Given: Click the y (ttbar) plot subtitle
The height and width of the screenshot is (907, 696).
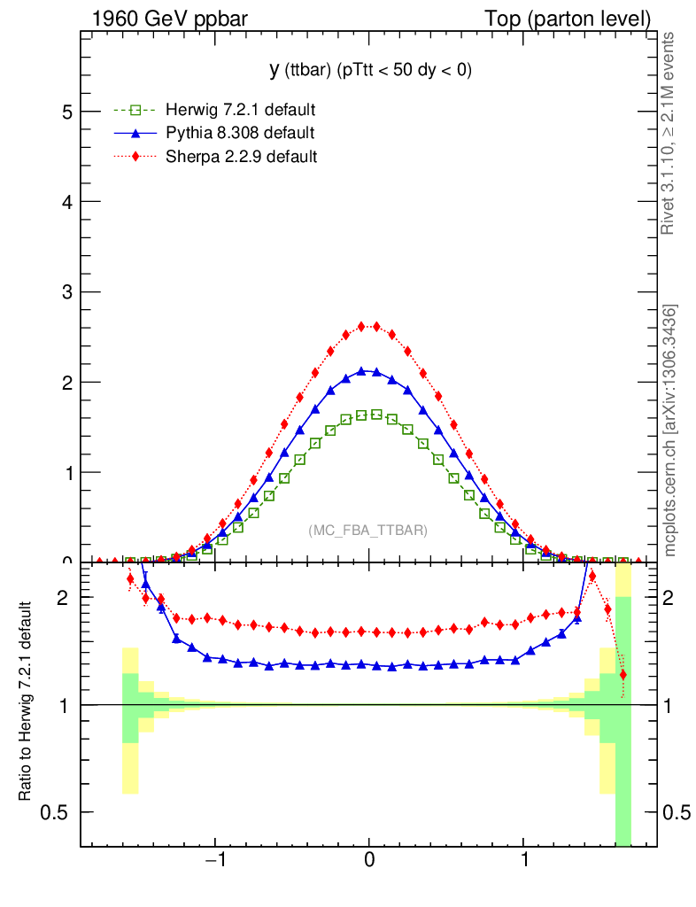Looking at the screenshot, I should (370, 70).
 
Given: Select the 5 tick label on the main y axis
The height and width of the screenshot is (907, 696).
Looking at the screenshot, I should (66, 112).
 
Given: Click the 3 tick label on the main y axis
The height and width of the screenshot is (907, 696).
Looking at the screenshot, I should (66, 292).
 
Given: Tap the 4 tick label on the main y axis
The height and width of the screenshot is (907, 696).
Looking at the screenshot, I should (66, 202).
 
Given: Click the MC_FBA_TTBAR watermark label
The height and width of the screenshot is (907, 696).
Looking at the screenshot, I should (367, 531).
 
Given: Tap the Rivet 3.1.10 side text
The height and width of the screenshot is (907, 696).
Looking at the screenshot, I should (670, 134).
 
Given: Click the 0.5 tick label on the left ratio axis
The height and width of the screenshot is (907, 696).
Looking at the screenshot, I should (58, 812).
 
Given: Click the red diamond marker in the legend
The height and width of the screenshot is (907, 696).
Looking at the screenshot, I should (135, 157).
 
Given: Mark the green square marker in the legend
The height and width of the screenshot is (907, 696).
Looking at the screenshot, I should (135, 111).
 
